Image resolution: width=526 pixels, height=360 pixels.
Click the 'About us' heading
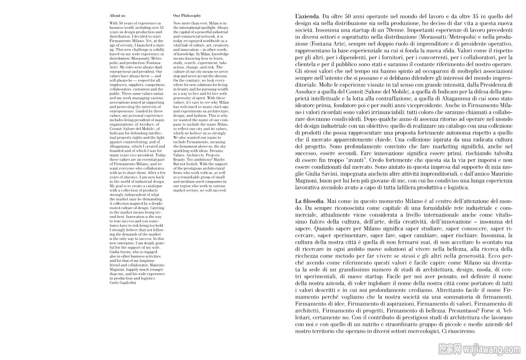117,16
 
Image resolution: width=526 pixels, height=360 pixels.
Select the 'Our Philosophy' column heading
187,16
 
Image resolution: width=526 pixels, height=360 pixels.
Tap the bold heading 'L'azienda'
308,16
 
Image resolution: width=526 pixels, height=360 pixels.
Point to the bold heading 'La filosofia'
310,201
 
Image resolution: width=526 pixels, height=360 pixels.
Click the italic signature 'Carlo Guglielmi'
123,283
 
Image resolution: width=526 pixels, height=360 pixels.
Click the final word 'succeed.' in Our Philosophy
219,190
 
